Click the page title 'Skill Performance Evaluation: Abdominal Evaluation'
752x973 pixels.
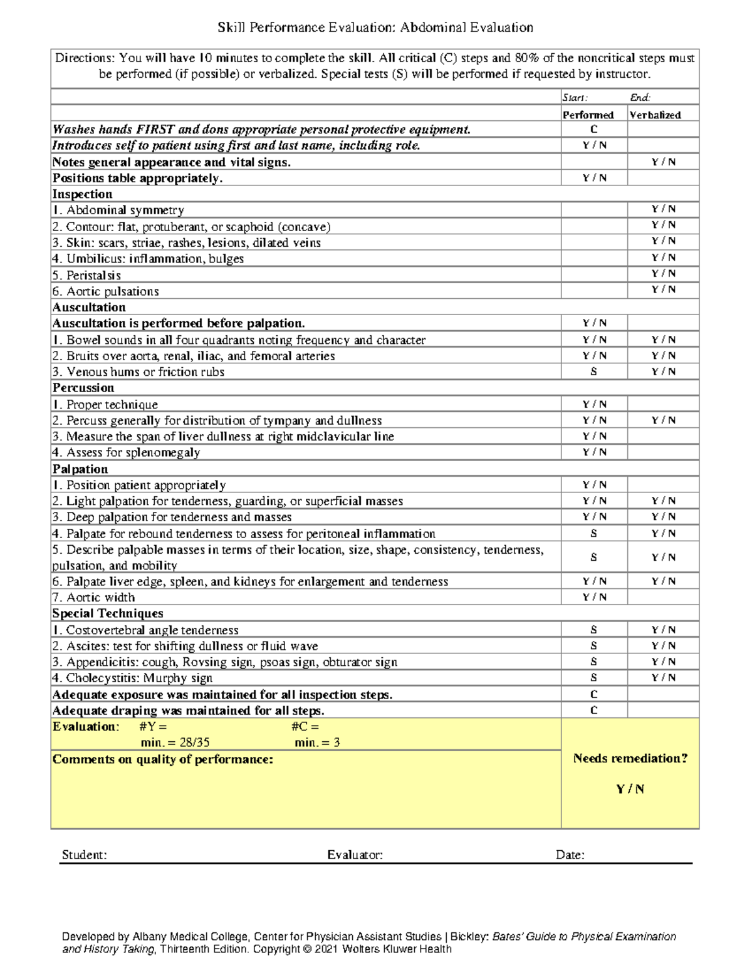point(375,28)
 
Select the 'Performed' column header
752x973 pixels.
point(588,115)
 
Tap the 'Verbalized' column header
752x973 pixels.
point(655,115)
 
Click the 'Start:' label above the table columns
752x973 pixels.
point(575,98)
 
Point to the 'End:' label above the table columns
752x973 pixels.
point(640,98)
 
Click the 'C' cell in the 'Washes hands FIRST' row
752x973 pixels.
point(593,129)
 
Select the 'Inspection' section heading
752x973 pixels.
point(82,194)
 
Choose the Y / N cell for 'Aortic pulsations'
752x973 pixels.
point(663,289)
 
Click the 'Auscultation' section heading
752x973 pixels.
point(89,308)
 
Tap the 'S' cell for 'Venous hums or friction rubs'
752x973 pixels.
point(593,372)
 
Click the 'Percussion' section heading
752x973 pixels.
point(83,388)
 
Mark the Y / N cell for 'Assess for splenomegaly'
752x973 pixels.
point(594,452)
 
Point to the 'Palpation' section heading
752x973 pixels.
point(80,469)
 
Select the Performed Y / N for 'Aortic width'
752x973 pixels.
point(594,597)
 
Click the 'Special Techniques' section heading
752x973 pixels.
point(108,613)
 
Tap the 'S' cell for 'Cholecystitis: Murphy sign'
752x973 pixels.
point(593,678)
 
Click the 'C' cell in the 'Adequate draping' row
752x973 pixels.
point(593,710)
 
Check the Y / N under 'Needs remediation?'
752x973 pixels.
point(630,789)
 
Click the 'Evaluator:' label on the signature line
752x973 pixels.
point(355,855)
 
